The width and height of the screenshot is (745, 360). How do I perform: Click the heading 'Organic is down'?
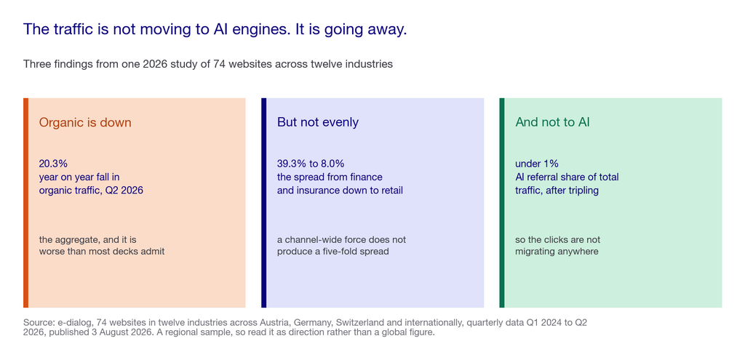coord(85,122)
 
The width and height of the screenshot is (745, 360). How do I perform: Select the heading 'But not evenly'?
coord(318,122)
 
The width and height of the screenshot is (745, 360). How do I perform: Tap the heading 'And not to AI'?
coord(553,122)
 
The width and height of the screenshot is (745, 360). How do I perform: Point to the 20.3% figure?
coord(53,164)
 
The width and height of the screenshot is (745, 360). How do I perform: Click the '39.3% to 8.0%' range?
coord(311,164)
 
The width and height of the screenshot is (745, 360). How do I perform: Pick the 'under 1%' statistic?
coord(537,164)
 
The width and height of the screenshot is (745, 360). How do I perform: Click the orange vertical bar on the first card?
coord(25,203)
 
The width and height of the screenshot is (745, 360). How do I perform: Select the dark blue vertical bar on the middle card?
coord(263,203)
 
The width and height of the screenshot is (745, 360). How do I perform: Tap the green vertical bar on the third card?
coord(502,203)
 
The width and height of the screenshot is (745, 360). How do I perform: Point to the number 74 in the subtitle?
coord(220,64)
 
